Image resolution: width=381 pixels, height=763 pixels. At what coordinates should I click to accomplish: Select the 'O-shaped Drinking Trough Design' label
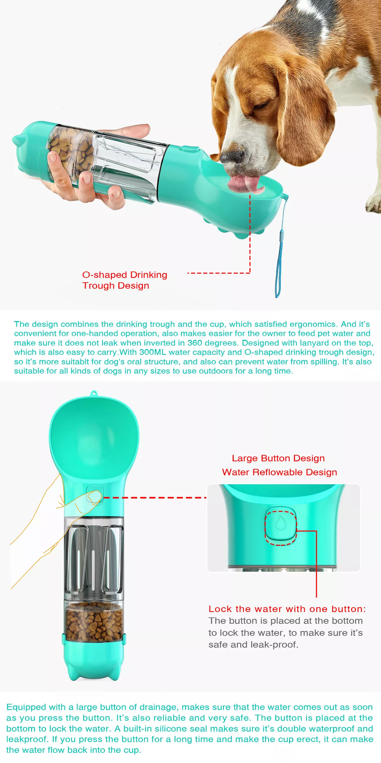tap(124, 280)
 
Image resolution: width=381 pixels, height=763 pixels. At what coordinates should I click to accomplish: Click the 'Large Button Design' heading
tap(278, 458)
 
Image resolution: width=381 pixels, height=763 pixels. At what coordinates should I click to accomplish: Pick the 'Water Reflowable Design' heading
tap(279, 472)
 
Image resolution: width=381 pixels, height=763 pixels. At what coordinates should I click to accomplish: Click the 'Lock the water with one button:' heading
tap(287, 609)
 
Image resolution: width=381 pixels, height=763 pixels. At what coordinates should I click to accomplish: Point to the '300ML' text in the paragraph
tap(153, 352)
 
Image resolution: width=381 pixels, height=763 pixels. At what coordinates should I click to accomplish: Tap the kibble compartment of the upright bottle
tap(94, 622)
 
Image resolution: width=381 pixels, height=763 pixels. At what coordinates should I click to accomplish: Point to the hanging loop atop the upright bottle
tap(93, 393)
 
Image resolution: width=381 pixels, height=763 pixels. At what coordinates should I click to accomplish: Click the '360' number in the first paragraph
tap(195, 343)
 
